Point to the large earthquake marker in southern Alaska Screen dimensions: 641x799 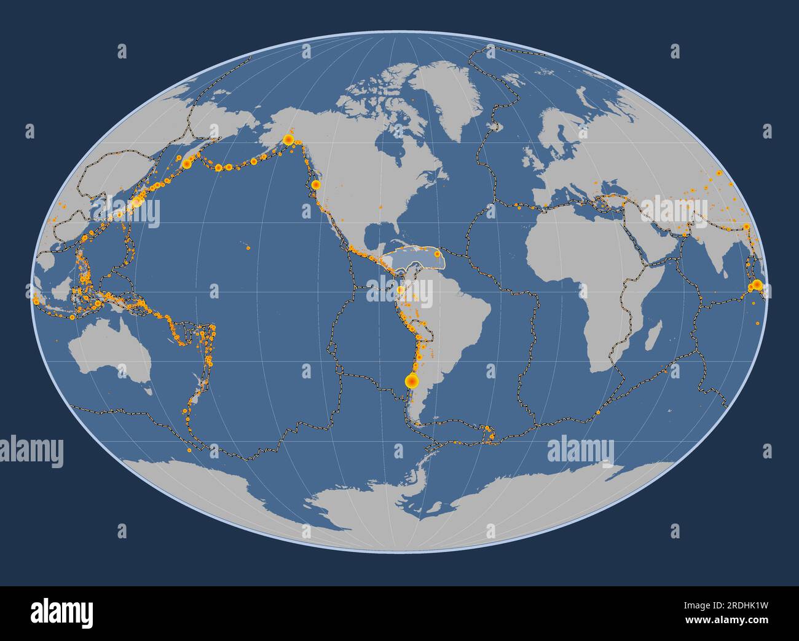288,140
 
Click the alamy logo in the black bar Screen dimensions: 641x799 62,613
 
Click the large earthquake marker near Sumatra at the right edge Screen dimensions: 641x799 757,284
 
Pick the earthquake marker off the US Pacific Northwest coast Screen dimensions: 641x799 315,184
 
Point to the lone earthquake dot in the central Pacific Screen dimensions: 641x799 248,249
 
